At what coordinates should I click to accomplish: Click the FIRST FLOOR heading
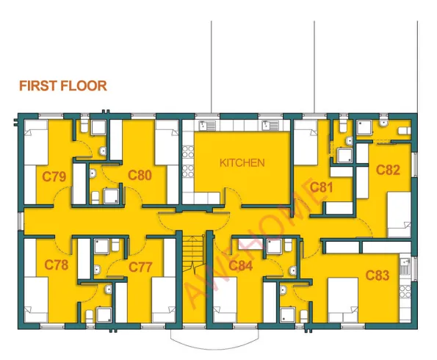coord(63,86)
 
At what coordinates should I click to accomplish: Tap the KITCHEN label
coord(242,163)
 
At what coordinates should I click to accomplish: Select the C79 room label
coord(54,176)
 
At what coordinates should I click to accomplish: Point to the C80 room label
coord(140,175)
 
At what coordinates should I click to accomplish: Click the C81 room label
coord(322,187)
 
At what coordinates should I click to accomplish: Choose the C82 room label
coord(388,170)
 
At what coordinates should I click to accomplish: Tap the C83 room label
coord(377,276)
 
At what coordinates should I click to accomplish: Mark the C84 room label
coord(240,266)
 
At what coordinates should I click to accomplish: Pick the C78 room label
coord(57,265)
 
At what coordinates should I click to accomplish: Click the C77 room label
coord(140,267)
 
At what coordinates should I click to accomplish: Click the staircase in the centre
coord(194,254)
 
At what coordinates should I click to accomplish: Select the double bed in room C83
coord(343,300)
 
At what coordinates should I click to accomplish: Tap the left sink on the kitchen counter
coord(207,126)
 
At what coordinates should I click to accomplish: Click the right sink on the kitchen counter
coord(270,126)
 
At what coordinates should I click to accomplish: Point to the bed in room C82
coord(399,215)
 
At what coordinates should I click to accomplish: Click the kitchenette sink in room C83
coord(405,266)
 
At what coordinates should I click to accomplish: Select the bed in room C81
coord(306,143)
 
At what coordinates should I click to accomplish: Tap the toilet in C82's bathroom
coord(405,130)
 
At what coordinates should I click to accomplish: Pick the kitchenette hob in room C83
coord(405,292)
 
